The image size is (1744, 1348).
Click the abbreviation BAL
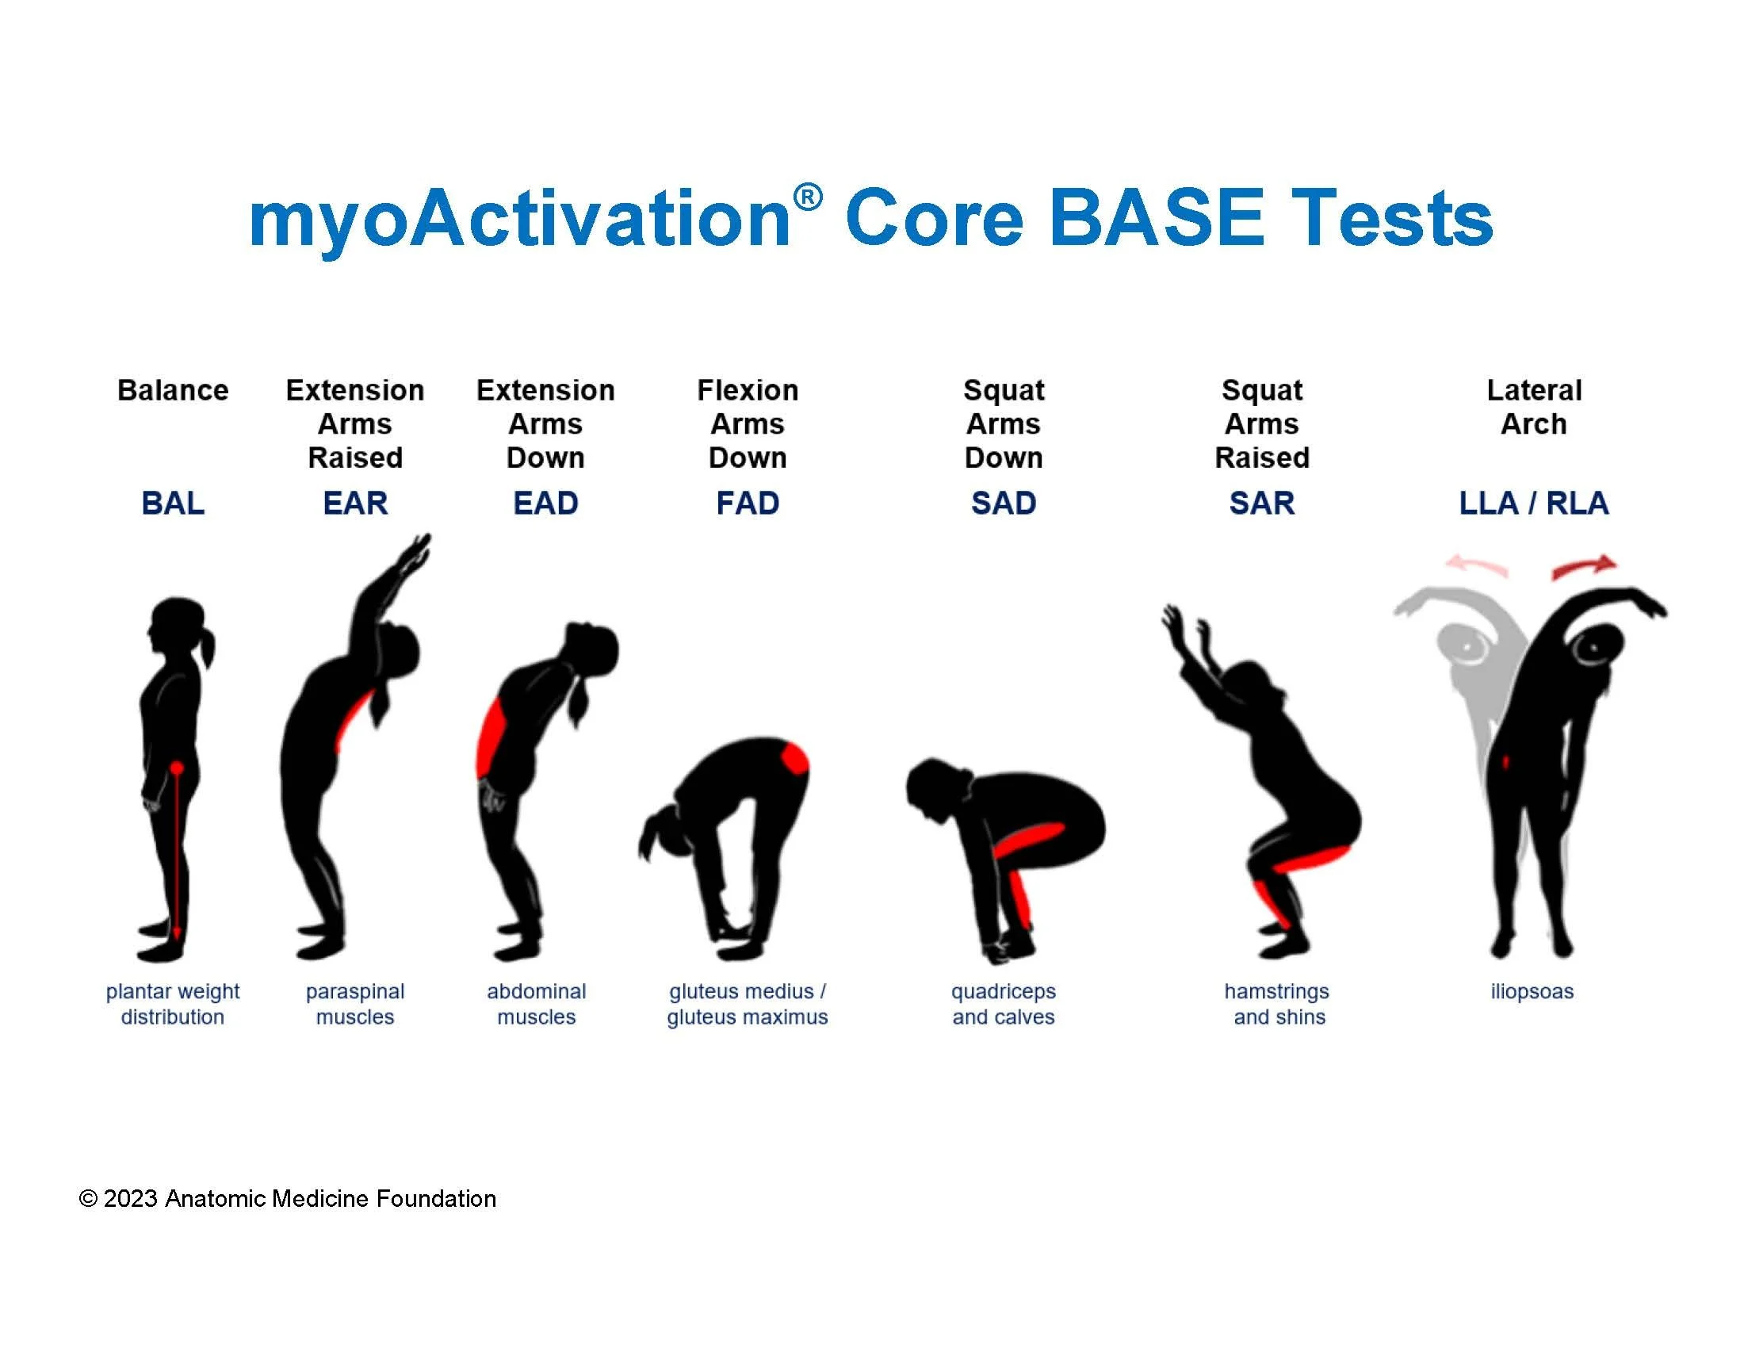[173, 503]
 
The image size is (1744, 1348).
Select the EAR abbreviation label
[355, 503]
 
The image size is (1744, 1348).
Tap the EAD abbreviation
[545, 503]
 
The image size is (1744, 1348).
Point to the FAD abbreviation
[748, 503]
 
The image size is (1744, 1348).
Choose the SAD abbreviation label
[1004, 503]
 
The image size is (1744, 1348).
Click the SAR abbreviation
[1262, 503]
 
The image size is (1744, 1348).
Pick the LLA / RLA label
[1533, 503]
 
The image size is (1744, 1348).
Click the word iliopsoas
[1532, 992]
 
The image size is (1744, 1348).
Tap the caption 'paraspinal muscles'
[355, 1004]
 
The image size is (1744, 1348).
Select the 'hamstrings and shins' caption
[1277, 1004]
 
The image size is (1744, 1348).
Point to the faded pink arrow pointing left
[1477, 565]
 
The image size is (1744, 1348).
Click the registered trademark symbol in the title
[807, 197]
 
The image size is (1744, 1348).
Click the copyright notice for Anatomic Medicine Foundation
[288, 1199]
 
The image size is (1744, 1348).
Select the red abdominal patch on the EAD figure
[491, 739]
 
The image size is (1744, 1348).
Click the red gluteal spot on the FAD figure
[794, 758]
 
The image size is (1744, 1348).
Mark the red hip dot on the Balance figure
[177, 768]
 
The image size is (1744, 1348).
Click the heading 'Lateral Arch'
[1533, 408]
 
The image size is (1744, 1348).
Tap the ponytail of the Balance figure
[208, 646]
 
